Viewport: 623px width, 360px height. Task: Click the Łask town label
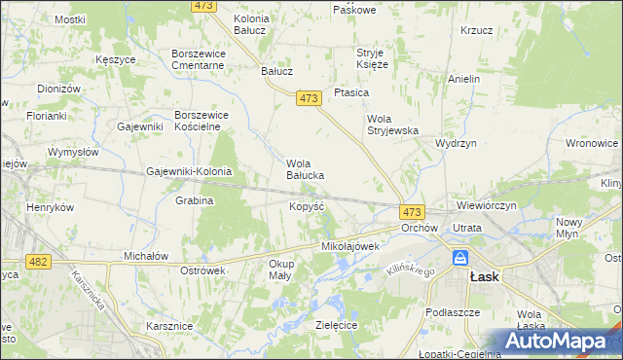coord(484,276)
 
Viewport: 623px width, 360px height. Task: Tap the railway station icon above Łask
coord(460,259)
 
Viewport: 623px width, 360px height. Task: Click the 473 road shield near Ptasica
coord(309,98)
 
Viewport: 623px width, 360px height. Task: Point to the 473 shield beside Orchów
coord(411,211)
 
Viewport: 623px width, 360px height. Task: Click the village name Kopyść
coord(307,206)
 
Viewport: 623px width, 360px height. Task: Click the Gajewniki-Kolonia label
coord(189,171)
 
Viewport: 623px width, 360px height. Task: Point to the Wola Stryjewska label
coord(392,125)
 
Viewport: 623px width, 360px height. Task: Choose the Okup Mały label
coord(281,270)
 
